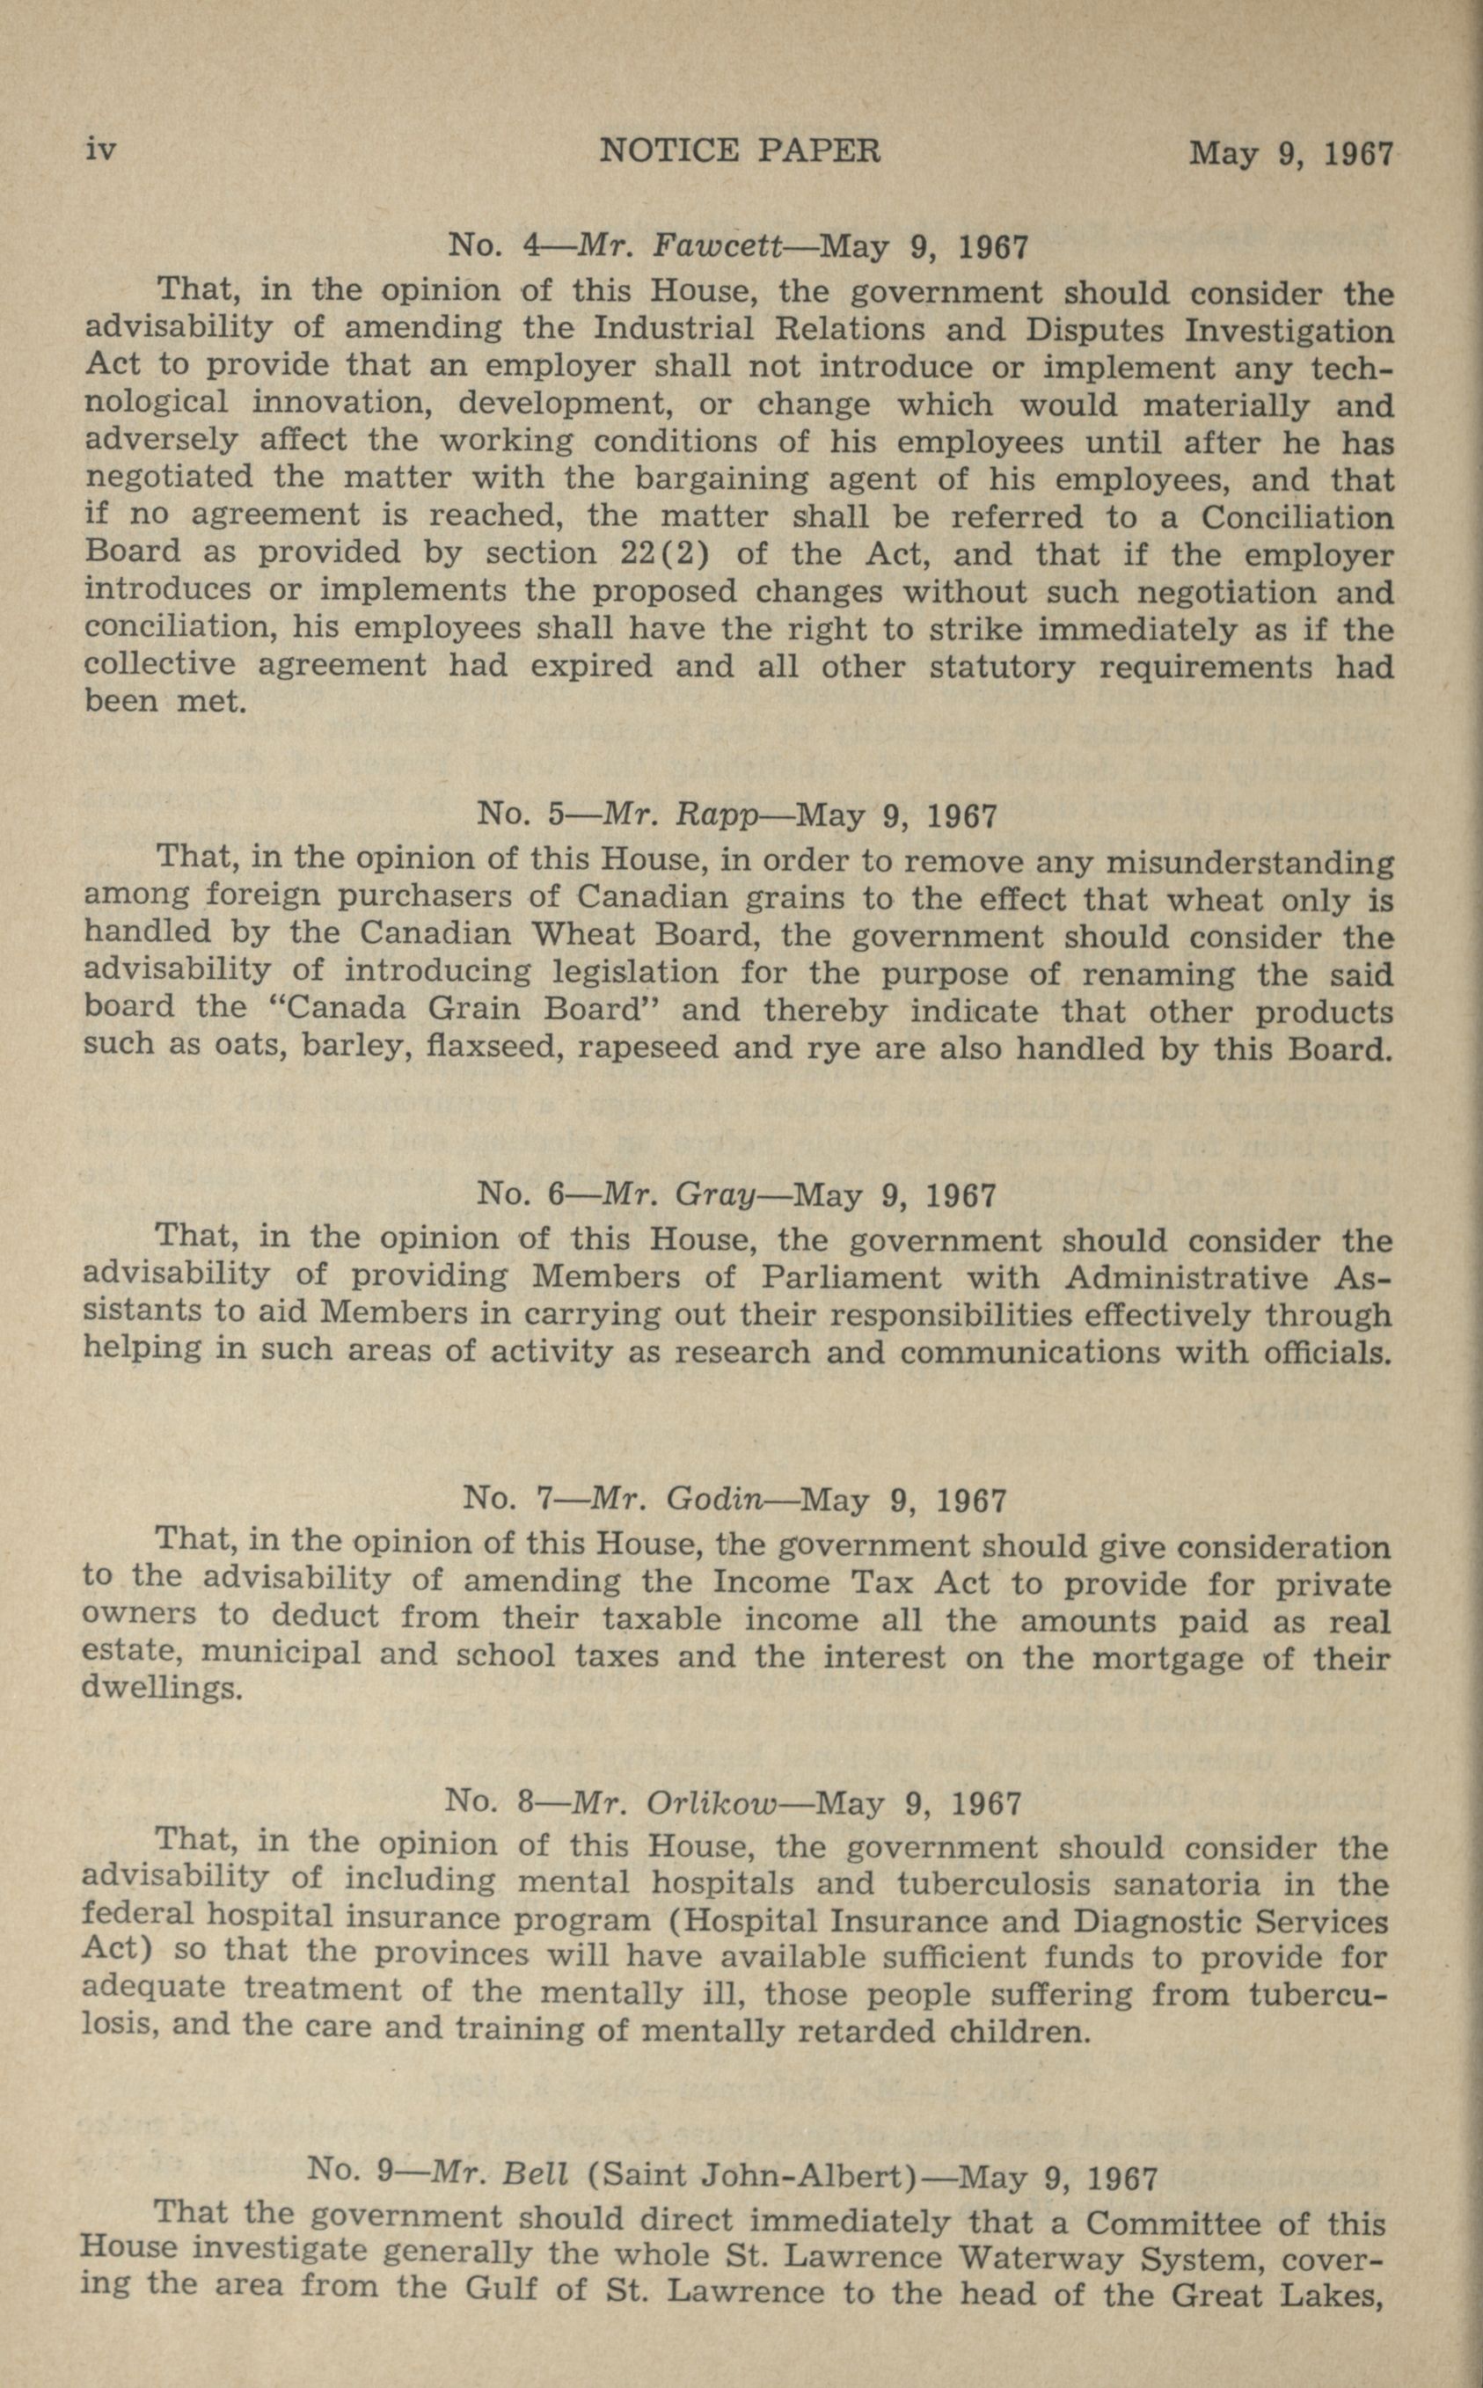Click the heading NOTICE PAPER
(x=740, y=150)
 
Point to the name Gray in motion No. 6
(x=715, y=1194)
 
